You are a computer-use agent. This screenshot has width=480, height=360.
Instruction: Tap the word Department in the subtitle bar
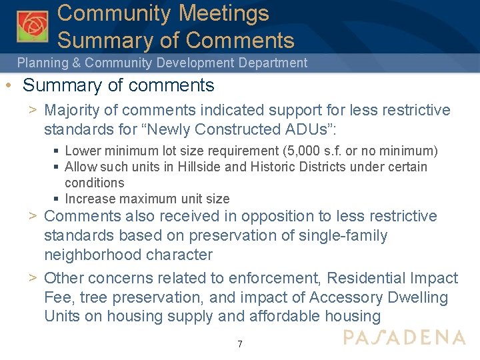(273, 63)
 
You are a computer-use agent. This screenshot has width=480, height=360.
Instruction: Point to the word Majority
(75, 110)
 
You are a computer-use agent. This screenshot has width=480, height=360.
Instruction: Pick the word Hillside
(199, 167)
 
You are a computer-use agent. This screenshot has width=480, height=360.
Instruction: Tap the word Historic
(271, 167)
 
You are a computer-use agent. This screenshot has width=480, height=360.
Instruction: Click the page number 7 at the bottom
(240, 345)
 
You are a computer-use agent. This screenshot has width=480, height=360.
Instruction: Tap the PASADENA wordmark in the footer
(404, 337)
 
